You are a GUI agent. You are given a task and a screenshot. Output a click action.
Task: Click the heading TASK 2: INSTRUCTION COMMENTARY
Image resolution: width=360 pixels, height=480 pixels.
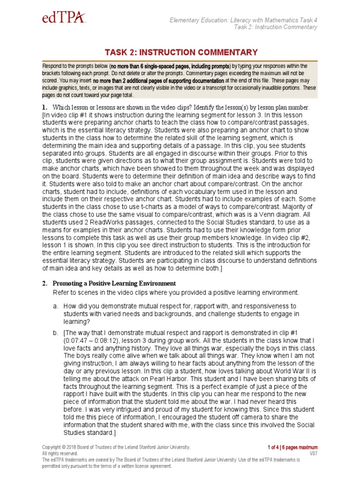point(180,52)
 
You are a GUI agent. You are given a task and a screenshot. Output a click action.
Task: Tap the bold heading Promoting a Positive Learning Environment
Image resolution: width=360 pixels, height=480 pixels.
point(114,284)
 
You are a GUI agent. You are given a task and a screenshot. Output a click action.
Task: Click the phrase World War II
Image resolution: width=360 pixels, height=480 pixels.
point(277,363)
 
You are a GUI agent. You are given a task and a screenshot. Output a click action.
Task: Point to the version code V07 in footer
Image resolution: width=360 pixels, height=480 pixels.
point(313,454)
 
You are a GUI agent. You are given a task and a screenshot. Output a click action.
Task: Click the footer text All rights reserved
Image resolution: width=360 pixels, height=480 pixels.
point(60,454)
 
